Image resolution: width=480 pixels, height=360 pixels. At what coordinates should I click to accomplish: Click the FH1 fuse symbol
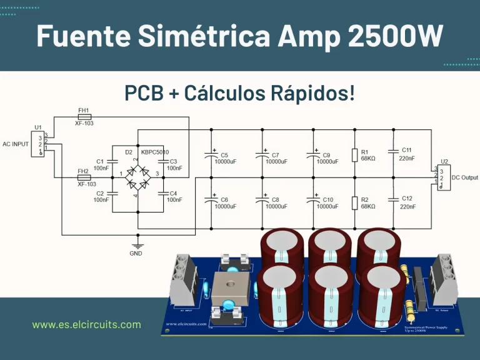coord(83,117)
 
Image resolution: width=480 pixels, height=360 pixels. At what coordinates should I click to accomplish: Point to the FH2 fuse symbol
coord(83,177)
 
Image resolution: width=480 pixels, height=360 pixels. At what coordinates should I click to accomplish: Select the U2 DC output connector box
coord(443,177)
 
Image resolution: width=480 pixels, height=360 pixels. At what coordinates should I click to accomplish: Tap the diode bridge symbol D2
coord(137,172)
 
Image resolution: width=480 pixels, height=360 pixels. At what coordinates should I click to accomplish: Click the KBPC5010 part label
coord(156,152)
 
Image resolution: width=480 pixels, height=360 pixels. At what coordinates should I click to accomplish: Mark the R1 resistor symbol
coord(355,154)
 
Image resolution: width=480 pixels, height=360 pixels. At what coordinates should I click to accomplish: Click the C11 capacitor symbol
coord(393,151)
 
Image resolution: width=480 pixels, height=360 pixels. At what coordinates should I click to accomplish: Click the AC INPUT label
coord(16,144)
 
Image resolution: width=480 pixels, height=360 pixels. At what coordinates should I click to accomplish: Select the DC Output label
coord(466,177)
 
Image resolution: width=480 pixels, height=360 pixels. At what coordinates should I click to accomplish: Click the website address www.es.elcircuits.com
coord(87,324)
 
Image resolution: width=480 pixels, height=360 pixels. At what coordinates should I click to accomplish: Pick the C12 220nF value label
coord(407,207)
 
